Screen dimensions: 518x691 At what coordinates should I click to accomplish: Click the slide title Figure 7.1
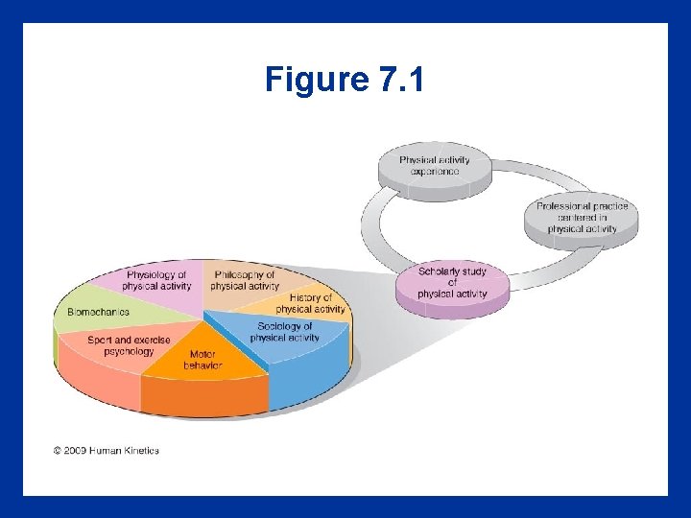(345, 80)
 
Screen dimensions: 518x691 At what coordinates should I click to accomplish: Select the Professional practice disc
(582, 219)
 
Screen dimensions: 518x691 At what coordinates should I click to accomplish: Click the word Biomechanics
(98, 312)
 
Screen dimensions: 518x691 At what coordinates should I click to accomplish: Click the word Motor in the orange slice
(188, 354)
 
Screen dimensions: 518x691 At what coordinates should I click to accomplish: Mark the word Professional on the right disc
(561, 206)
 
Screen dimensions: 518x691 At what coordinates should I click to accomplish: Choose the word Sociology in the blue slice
(277, 326)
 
